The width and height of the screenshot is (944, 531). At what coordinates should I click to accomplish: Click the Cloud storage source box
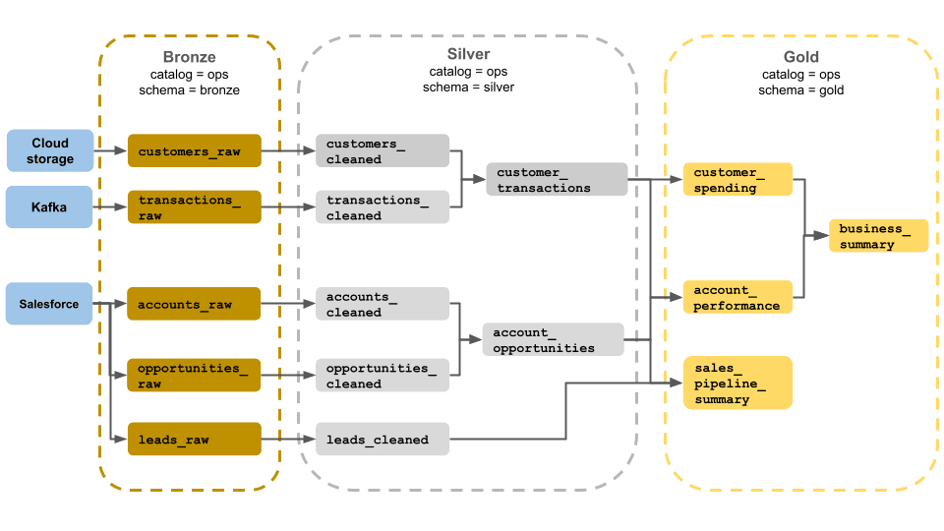50,150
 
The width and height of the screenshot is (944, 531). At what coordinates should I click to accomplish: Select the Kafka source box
50,206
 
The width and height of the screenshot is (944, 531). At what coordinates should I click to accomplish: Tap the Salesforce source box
50,304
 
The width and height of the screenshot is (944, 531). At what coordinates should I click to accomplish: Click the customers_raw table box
194,151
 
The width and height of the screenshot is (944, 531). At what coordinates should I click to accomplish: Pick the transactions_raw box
194,207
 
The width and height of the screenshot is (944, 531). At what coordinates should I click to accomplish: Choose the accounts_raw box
194,304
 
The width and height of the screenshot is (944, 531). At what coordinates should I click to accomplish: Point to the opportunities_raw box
194,376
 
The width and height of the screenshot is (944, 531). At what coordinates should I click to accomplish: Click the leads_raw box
194,440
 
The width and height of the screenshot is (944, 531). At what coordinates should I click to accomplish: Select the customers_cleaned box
382,151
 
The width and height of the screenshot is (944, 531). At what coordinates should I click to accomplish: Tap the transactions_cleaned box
382,207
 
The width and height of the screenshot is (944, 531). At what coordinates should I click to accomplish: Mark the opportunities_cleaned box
382,376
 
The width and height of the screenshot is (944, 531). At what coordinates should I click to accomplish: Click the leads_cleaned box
382,440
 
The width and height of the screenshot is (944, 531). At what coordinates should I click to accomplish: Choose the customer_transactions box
557,180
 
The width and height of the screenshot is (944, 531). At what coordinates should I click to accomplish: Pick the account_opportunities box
554,339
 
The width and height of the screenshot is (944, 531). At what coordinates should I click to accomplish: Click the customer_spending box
737,180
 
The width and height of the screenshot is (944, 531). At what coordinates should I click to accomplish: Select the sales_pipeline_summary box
737,383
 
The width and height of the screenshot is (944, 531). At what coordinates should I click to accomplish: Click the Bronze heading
189,57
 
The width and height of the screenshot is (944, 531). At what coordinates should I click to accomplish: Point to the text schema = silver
468,88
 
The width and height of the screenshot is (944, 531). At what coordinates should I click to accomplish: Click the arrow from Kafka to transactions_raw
110,206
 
